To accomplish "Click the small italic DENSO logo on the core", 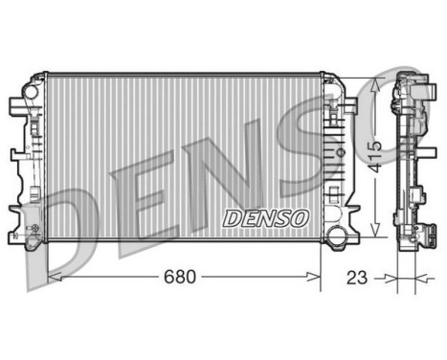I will [x=265, y=217].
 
